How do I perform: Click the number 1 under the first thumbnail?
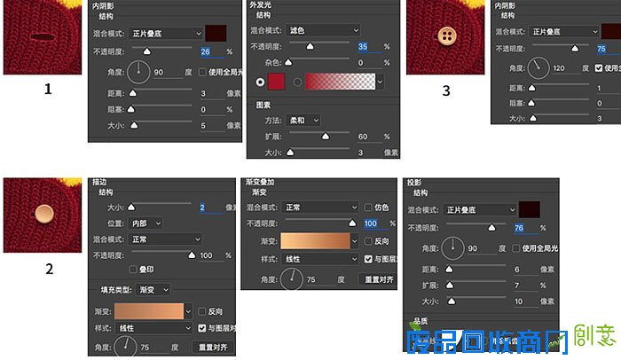pos(47,89)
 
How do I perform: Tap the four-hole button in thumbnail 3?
pos(446,37)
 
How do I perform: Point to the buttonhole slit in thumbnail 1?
pos(41,36)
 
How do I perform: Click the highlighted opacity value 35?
pos(364,46)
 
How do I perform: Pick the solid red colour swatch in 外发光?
pos(276,82)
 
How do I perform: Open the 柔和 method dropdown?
pos(303,120)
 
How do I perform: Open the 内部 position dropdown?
pos(146,223)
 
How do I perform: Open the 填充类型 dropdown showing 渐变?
pos(154,289)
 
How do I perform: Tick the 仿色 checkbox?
pos(368,207)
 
